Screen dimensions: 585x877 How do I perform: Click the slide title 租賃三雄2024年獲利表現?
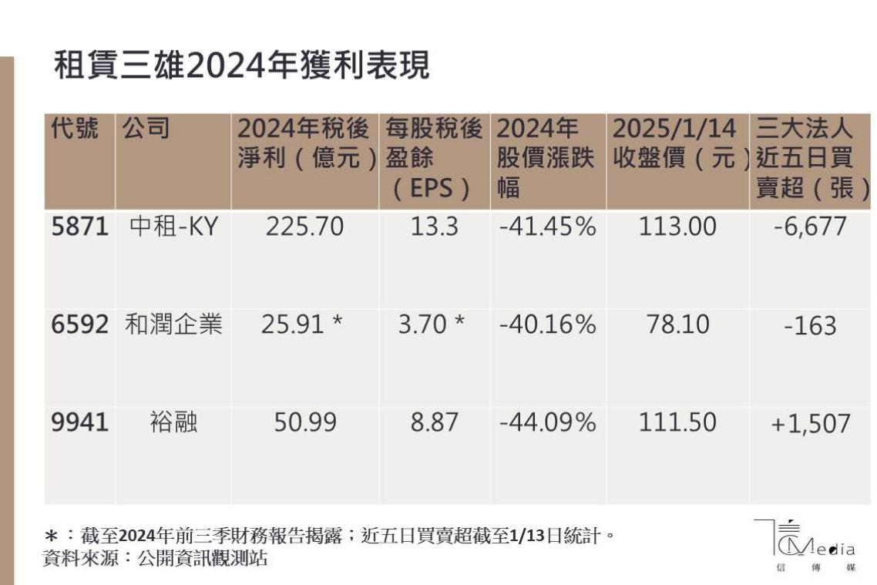click(242, 68)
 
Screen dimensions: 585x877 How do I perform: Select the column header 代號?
click(75, 129)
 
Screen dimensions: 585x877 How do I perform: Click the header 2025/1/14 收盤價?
click(675, 143)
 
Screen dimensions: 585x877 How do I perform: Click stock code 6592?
click(79, 325)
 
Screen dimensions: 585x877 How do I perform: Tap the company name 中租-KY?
click(173, 227)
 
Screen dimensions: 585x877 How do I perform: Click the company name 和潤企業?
click(173, 325)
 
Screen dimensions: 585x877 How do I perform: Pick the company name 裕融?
click(173, 422)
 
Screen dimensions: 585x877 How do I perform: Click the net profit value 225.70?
click(304, 227)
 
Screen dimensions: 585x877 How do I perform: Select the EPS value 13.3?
click(433, 227)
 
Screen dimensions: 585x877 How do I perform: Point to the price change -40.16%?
click(547, 325)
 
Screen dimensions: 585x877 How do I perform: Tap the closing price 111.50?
click(677, 422)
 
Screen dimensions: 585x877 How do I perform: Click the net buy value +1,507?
click(810, 423)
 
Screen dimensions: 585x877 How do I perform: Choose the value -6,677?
click(810, 227)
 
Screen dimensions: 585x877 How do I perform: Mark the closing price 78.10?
click(677, 325)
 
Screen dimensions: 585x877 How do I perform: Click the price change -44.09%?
click(547, 422)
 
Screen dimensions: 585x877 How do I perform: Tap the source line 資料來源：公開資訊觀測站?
click(155, 559)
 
